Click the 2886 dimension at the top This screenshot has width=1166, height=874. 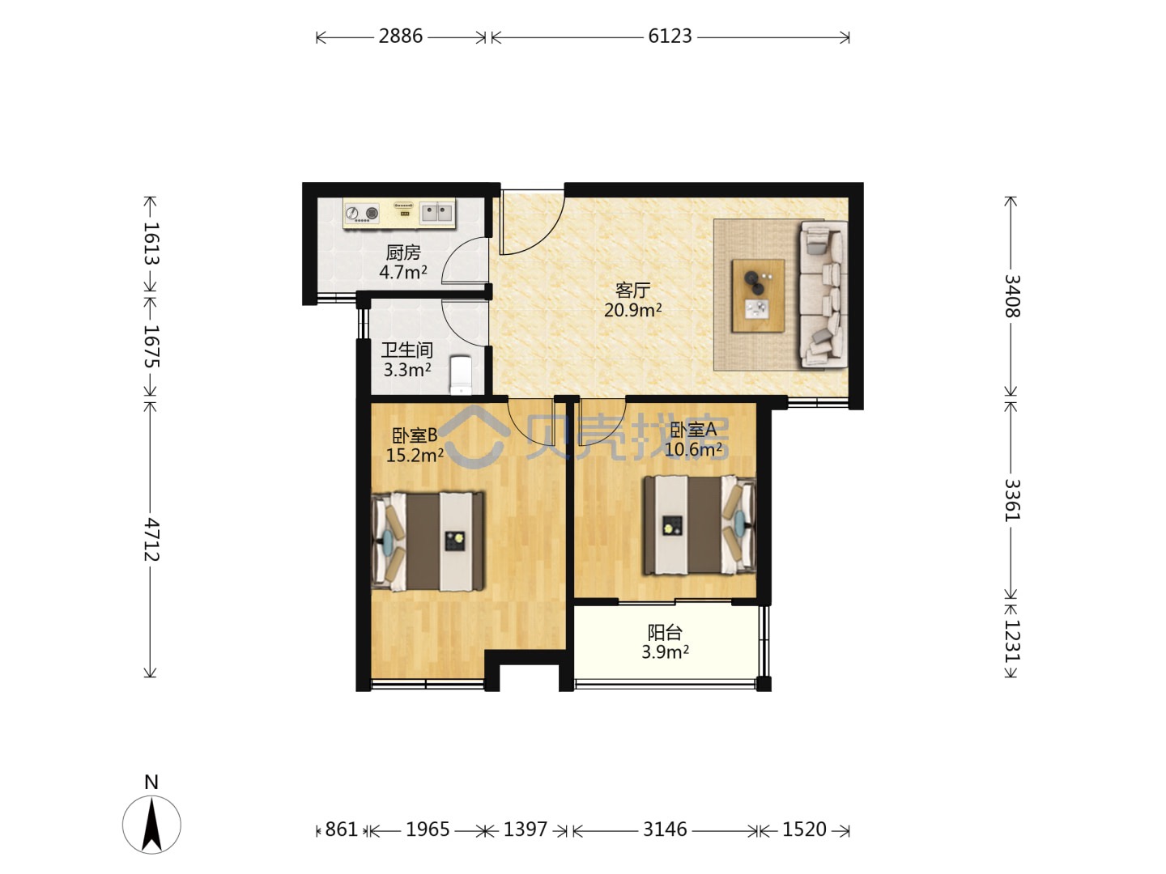coord(401,36)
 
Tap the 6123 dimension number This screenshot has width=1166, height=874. coord(670,36)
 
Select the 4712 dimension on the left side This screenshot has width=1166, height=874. coord(151,539)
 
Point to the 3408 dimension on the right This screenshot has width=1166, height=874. coord(1011,296)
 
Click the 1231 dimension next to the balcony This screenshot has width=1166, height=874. coord(1011,642)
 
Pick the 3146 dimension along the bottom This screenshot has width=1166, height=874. coord(665,829)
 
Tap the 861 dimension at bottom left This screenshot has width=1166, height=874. coord(342,829)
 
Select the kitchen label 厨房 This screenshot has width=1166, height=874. coord(403,252)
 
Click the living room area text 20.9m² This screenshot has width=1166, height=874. coord(632,310)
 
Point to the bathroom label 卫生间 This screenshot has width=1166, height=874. coord(407,350)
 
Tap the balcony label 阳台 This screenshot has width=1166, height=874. coord(665,633)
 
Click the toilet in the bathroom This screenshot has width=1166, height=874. coord(461,375)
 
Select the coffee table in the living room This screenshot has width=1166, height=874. coord(758,295)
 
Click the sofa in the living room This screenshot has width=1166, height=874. coord(824,295)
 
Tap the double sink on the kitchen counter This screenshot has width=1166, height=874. coord(436,212)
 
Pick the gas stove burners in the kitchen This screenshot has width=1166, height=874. coord(362,214)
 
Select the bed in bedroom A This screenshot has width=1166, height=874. coord(700,525)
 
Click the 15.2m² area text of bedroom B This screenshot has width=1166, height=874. coord(415,456)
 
